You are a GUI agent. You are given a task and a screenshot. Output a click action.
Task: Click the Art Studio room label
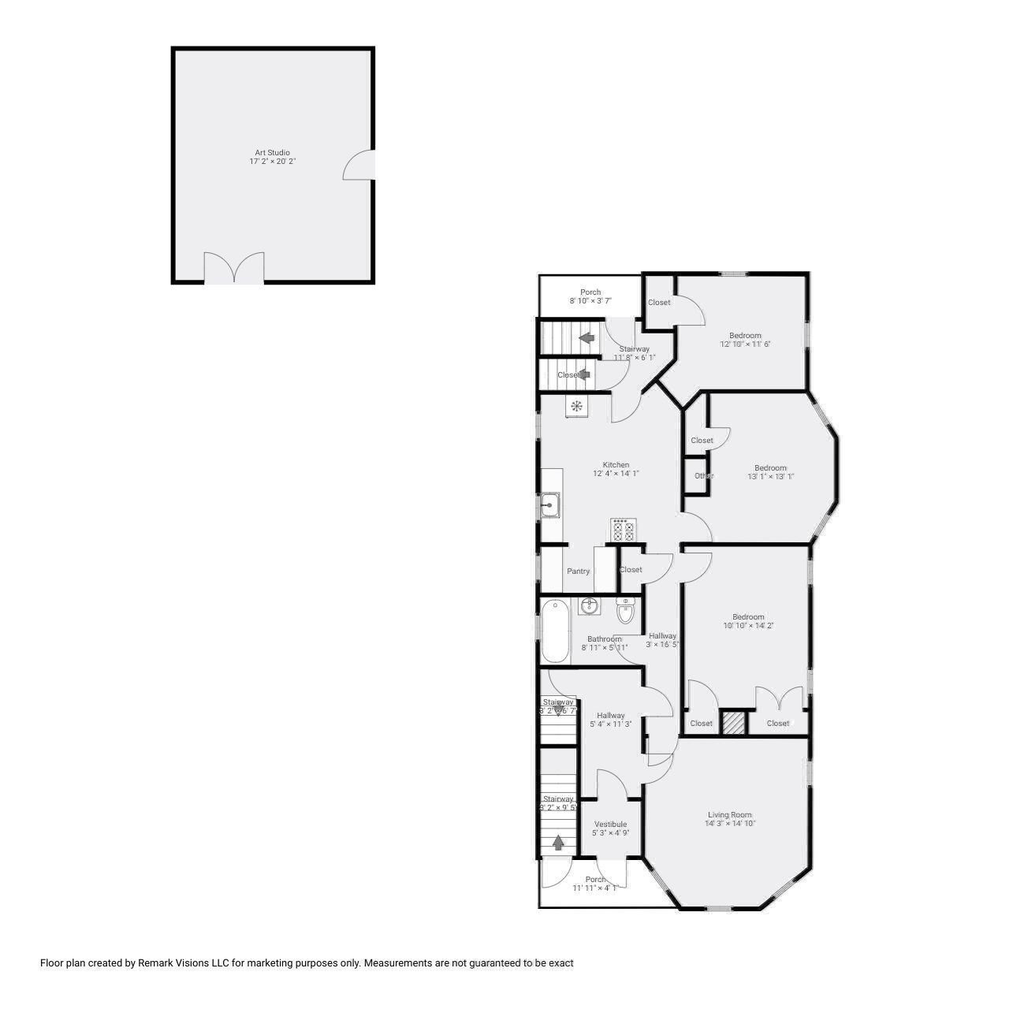(272, 152)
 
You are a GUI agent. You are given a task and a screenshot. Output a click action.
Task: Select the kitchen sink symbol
(549, 504)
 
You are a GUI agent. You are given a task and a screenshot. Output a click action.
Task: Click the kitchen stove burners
(623, 531)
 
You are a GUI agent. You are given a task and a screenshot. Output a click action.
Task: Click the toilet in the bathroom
(626, 611)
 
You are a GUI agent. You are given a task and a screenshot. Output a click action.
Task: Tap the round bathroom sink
(588, 605)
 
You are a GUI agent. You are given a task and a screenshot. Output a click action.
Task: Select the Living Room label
(729, 815)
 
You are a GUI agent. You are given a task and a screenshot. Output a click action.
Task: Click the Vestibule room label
(610, 824)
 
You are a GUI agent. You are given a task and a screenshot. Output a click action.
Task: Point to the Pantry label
(578, 571)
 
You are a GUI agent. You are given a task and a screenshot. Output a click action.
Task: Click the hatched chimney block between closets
(734, 724)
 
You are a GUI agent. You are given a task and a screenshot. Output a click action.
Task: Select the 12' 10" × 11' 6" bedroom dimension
(745, 344)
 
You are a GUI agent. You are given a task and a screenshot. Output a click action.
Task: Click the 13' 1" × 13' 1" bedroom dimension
(770, 476)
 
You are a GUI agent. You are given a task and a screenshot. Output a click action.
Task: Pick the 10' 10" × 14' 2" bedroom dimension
(748, 626)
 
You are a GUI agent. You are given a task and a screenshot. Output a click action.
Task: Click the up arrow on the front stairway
(558, 843)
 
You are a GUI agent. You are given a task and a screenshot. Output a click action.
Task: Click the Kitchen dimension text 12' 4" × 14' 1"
(616, 474)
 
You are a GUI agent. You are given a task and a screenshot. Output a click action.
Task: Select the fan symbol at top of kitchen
(576, 407)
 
